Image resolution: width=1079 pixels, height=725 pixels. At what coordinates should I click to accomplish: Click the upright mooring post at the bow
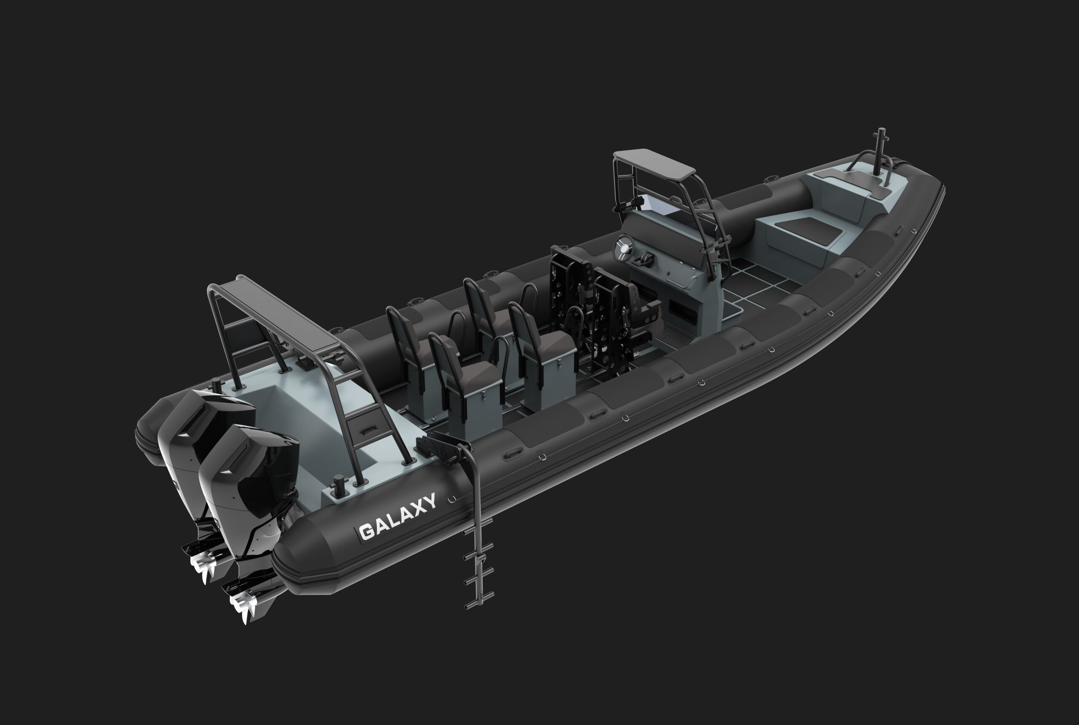coord(880,150)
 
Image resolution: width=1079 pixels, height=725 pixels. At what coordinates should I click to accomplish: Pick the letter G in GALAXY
coord(367,531)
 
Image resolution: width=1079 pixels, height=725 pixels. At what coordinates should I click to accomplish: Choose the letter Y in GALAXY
coord(429,501)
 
